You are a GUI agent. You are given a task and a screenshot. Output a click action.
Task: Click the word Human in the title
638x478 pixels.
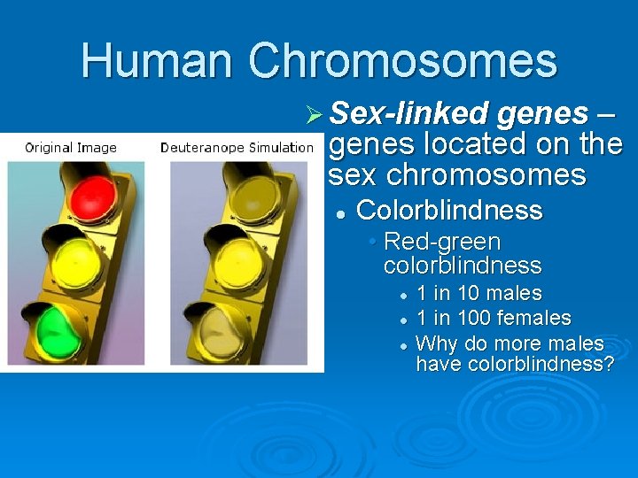(x=158, y=60)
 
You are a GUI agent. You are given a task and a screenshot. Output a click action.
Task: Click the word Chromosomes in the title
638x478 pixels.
(x=402, y=60)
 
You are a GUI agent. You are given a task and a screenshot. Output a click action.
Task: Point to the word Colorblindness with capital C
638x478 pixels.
(x=448, y=211)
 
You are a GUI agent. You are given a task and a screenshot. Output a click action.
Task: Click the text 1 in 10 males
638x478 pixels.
(x=478, y=293)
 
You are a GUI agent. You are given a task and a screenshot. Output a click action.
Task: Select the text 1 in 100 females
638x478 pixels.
(x=494, y=318)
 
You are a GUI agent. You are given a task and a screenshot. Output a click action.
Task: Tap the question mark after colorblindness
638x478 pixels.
(x=608, y=365)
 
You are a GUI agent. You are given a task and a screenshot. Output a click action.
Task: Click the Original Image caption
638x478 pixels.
(x=71, y=148)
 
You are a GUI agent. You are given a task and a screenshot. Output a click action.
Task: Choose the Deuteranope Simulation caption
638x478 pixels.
(x=237, y=148)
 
